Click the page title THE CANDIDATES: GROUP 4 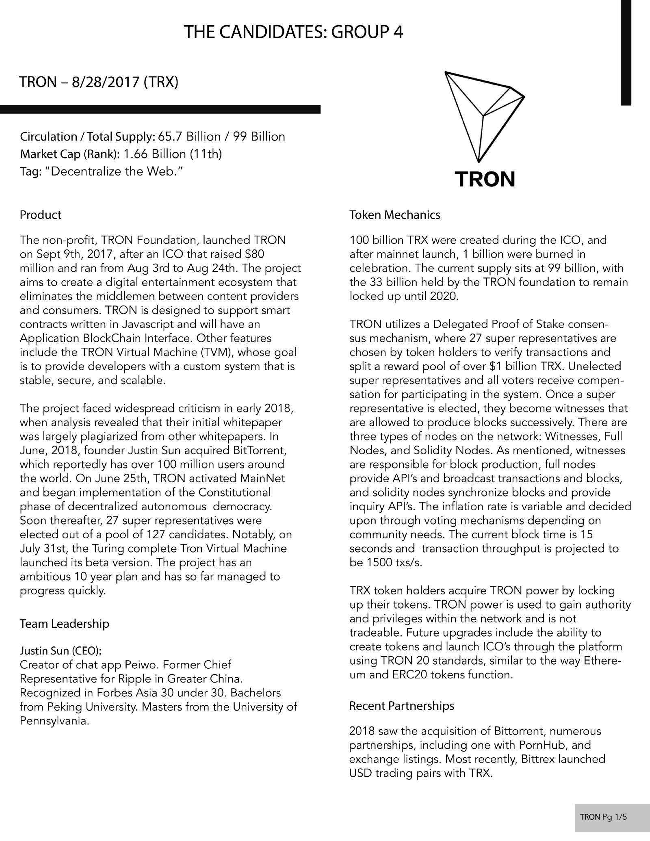293,32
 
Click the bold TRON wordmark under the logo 484,179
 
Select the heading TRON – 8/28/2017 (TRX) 99,82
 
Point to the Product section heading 41,215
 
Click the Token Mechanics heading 394,215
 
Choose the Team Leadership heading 64,624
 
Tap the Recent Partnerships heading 401,706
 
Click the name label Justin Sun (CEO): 61,651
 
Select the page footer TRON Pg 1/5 603,817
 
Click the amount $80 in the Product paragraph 255,254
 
